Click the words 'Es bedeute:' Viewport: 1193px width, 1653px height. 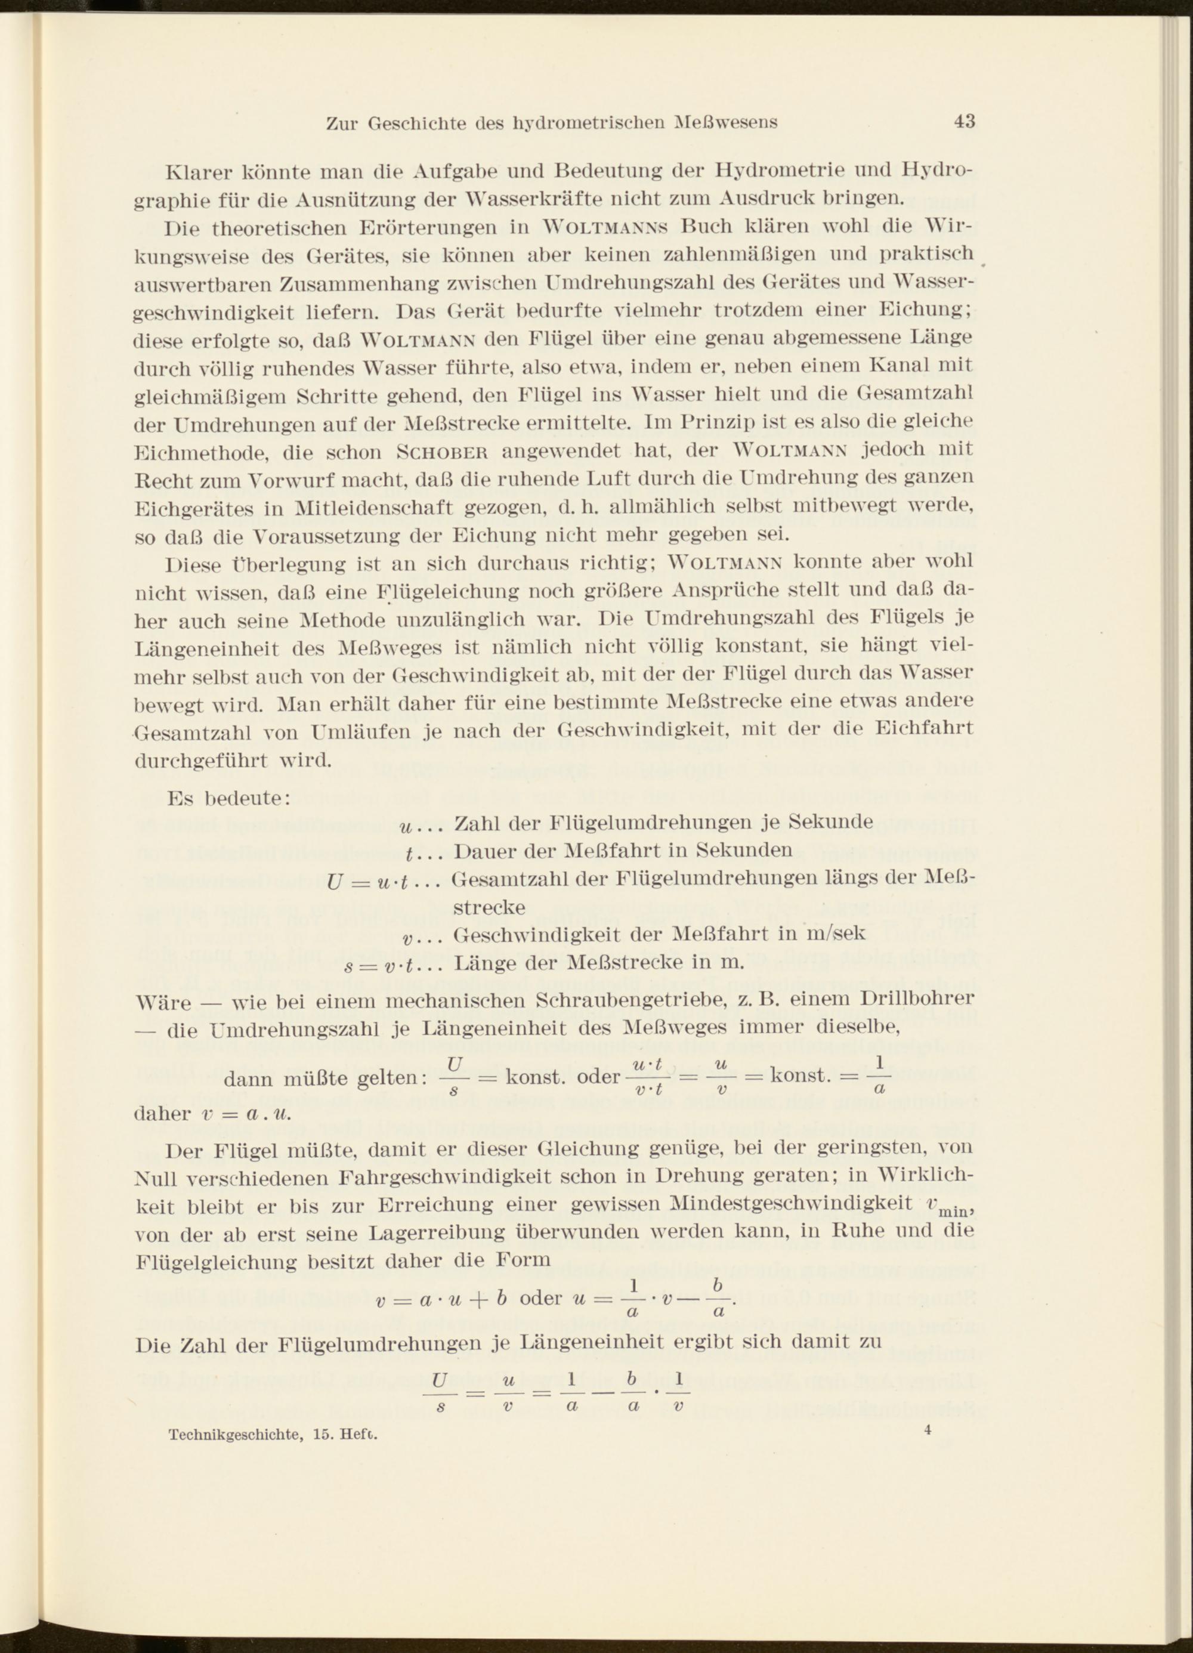point(230,798)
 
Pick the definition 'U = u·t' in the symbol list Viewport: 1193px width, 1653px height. point(382,881)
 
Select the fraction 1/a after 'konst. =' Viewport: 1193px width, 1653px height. point(879,1077)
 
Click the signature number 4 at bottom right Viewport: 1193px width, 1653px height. point(927,1430)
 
